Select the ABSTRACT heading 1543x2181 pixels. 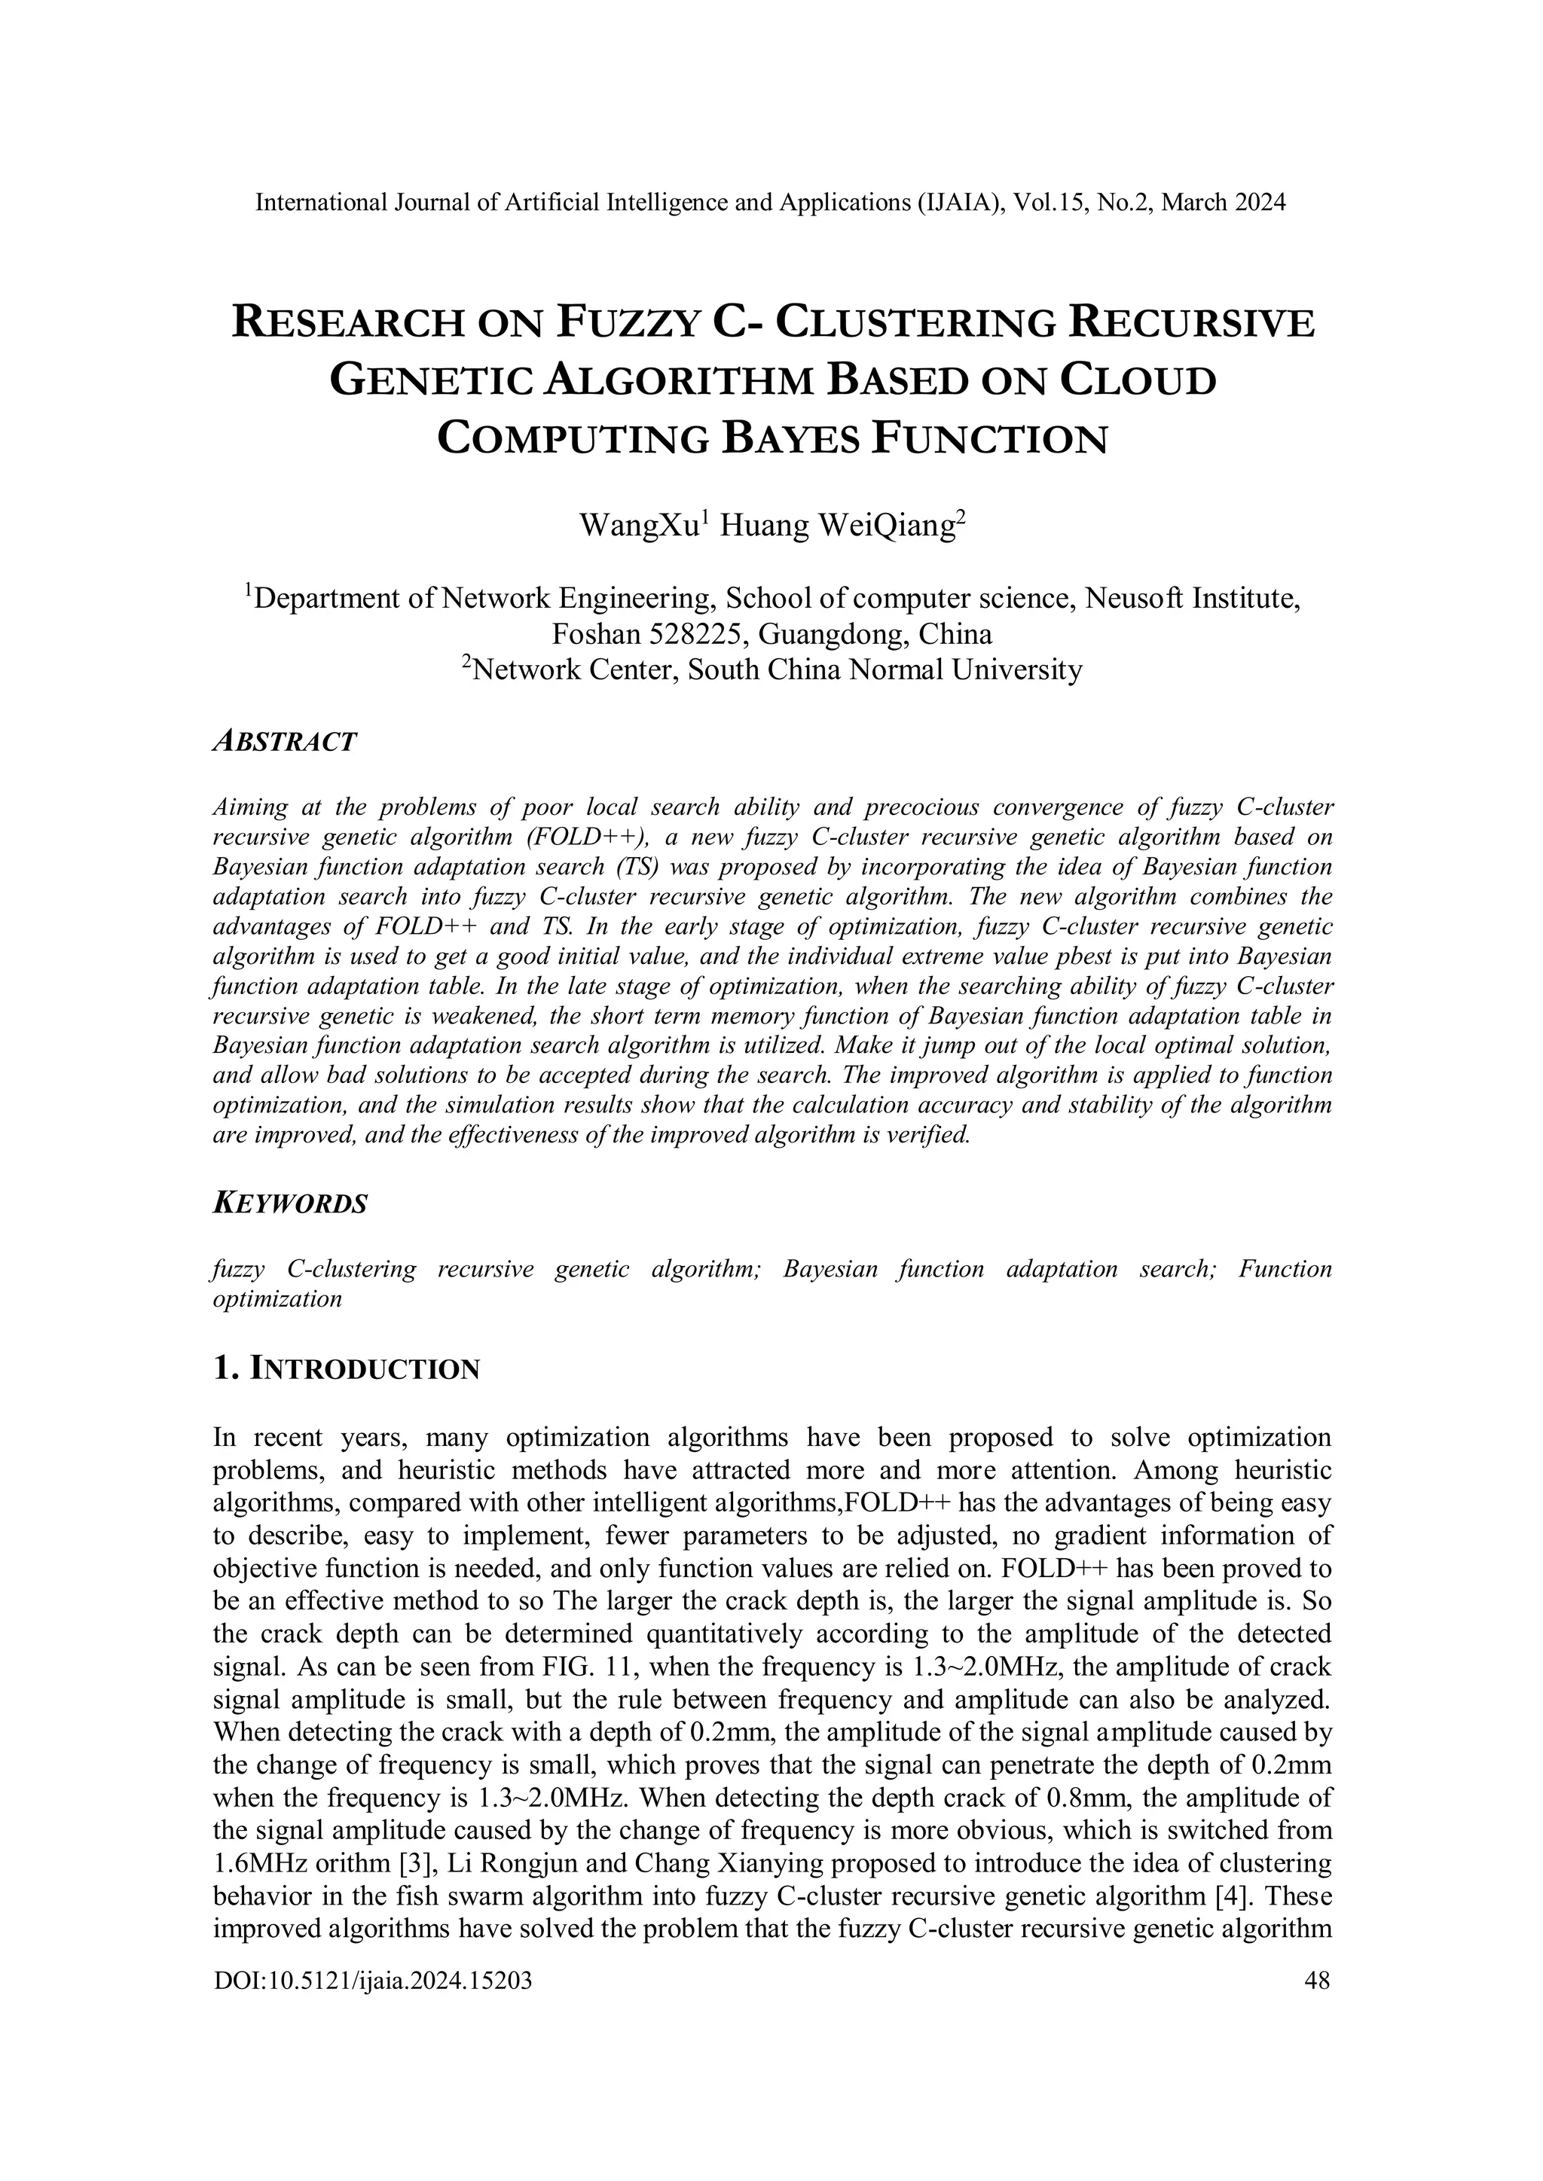[x=284, y=742]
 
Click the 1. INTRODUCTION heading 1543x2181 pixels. [x=347, y=1369]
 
